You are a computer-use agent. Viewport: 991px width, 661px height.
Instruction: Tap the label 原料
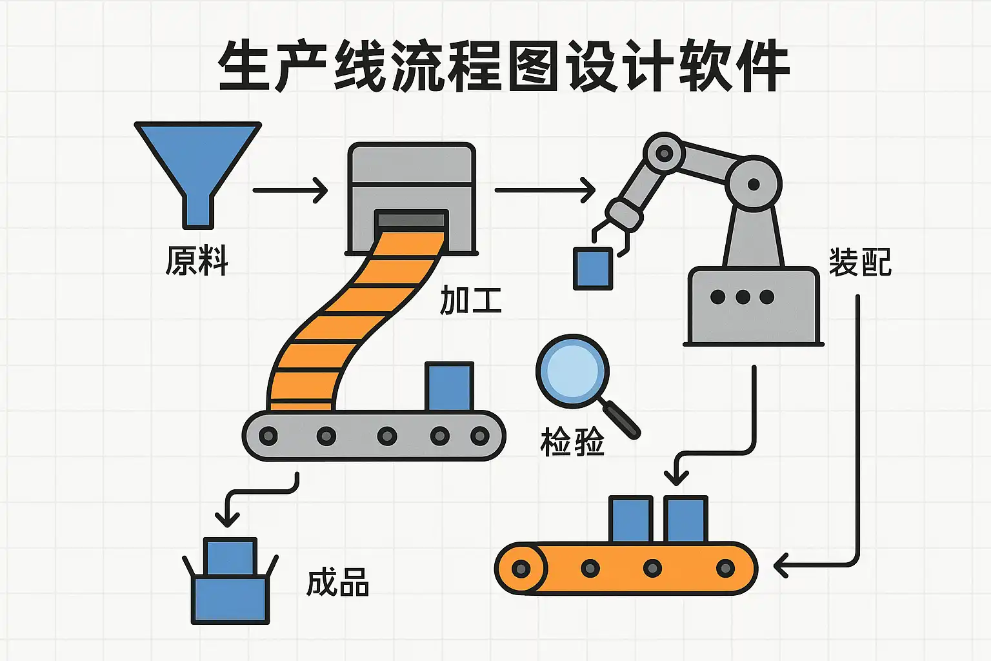click(x=197, y=261)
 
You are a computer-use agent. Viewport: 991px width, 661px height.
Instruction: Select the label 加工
click(x=470, y=300)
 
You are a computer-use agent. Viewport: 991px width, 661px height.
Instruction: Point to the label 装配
click(x=859, y=263)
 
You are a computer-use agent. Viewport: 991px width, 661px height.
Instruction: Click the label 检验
click(x=572, y=443)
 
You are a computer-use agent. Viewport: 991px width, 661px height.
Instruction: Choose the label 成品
click(x=337, y=583)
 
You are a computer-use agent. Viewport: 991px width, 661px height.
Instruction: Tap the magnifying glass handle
click(x=621, y=419)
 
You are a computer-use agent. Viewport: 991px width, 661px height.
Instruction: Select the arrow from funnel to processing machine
click(x=290, y=190)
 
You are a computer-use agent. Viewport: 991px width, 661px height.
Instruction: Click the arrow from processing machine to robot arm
click(x=545, y=190)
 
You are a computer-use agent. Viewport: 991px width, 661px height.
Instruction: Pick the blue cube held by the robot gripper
click(x=593, y=268)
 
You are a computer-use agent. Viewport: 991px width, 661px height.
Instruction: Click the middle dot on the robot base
click(x=743, y=297)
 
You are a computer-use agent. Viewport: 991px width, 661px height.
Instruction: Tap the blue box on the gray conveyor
click(x=449, y=387)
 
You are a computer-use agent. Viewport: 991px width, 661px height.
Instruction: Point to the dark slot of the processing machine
click(x=411, y=220)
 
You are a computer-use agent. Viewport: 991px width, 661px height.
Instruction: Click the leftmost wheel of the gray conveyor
click(x=268, y=436)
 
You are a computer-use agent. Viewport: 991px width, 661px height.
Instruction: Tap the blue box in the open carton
click(x=230, y=556)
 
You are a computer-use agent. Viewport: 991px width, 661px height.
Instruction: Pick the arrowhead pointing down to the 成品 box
click(x=227, y=519)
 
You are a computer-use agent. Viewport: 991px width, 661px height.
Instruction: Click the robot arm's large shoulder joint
click(x=753, y=184)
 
